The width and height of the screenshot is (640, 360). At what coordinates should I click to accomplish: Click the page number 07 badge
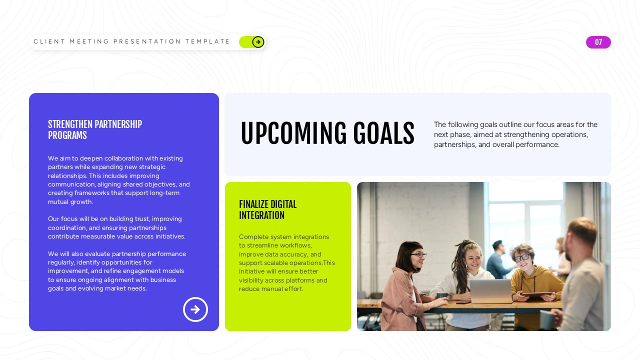click(598, 42)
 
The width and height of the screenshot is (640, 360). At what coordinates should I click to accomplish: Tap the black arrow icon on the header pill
click(258, 42)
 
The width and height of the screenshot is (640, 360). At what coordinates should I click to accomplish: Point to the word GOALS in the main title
click(383, 134)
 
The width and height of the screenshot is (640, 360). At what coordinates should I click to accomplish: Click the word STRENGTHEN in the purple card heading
click(70, 124)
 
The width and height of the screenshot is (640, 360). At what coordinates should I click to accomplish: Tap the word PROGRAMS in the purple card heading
click(67, 135)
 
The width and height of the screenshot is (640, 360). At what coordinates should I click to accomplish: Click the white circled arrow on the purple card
click(195, 309)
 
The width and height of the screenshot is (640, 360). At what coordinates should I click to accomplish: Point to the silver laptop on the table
click(490, 291)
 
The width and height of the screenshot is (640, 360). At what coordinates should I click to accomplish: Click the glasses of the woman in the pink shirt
click(418, 255)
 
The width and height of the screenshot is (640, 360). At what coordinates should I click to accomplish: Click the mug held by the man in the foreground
click(547, 319)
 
